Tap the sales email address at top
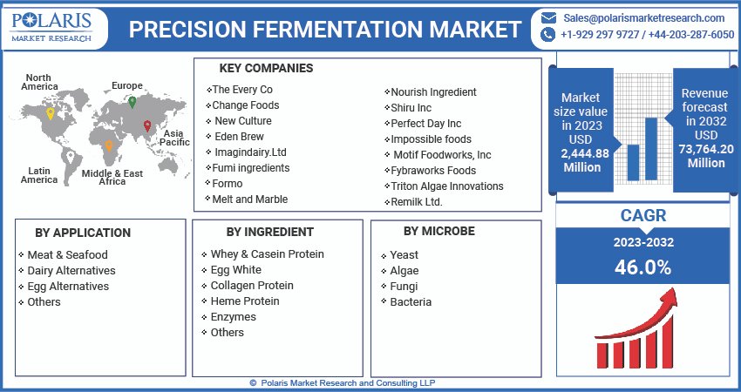(x=643, y=17)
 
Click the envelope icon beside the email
(x=548, y=17)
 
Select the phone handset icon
(x=548, y=35)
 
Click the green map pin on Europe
(x=133, y=102)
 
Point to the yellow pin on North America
(x=50, y=113)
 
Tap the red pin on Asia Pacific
(x=146, y=126)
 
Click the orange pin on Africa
(x=108, y=147)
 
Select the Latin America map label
(x=39, y=175)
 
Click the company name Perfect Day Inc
(x=426, y=124)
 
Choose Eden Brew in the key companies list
(x=239, y=136)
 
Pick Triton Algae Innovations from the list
(x=447, y=186)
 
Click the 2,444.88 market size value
(x=584, y=153)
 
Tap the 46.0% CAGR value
(x=642, y=267)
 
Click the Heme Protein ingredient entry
(x=245, y=301)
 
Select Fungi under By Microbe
(x=404, y=286)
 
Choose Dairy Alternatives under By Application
(x=68, y=270)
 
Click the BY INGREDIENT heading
(x=269, y=232)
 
